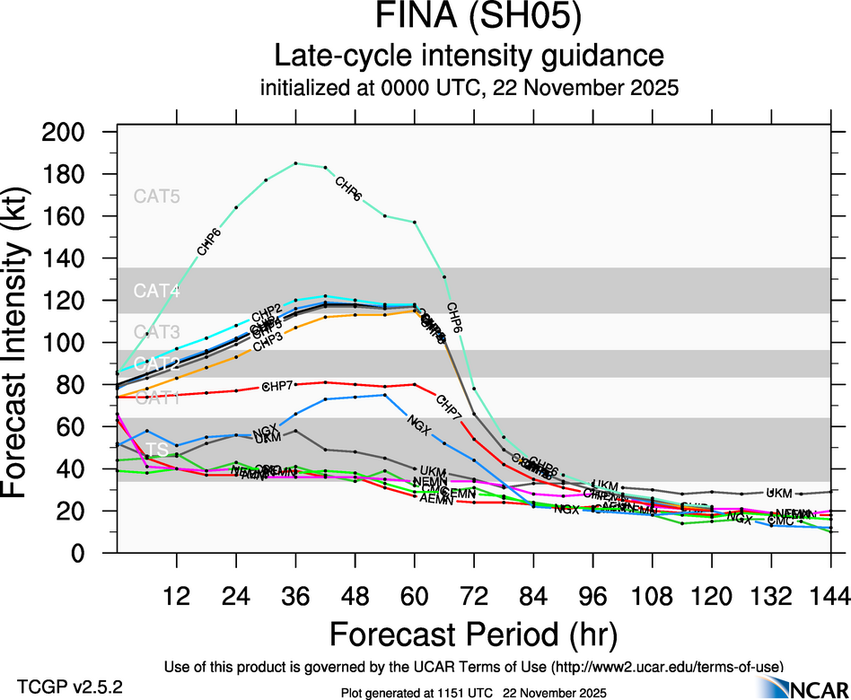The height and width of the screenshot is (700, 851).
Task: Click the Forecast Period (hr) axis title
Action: coord(473,634)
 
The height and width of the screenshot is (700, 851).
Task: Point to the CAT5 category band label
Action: coord(157,197)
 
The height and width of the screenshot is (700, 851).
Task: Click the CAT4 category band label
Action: coord(157,291)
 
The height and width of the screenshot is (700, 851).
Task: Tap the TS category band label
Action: coord(157,450)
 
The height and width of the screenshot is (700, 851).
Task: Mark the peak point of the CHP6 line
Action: coord(295,163)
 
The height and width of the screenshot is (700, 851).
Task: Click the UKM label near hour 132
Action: coord(779,493)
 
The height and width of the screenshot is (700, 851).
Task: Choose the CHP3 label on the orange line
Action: coord(268,342)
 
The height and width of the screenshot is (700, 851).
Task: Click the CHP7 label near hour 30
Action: coord(276,386)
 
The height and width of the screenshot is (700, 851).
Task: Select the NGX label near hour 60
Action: coord(418,422)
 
